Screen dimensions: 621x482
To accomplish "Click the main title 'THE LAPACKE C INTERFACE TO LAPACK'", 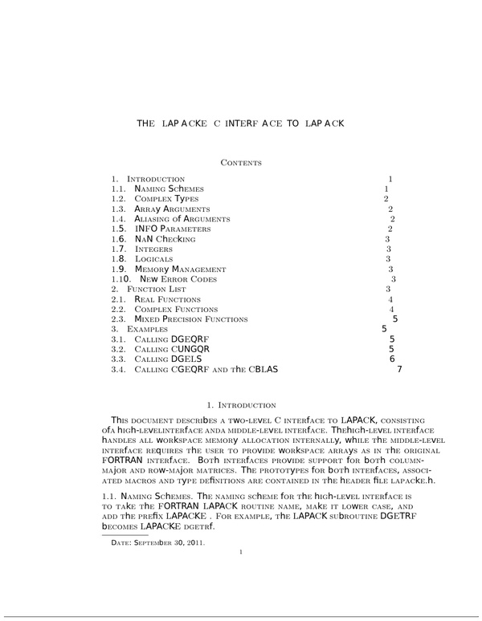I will (x=241, y=124).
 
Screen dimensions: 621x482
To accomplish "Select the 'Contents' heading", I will (x=241, y=163).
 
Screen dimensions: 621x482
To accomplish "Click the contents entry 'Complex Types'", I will (x=166, y=198).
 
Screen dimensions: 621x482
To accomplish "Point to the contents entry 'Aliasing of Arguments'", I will (x=182, y=219).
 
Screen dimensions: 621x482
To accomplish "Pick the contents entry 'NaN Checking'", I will (x=165, y=239).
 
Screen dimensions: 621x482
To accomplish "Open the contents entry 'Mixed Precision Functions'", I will (x=191, y=319).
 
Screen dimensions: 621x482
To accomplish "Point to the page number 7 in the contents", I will (x=399, y=370).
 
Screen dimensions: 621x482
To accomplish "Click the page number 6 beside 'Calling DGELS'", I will (x=391, y=359).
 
